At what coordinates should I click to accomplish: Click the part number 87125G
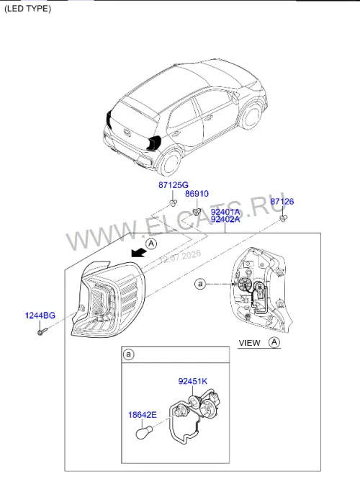pos(174,185)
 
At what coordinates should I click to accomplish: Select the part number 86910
pos(197,194)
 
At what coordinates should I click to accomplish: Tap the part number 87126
pos(282,202)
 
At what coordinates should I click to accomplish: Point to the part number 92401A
pos(225,212)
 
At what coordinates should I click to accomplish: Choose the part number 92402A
pos(225,219)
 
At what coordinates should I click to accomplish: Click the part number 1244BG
pos(40,316)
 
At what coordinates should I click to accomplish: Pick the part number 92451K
pos(193,381)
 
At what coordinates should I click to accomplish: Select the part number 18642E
pos(143,415)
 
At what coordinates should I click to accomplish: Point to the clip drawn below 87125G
pos(173,203)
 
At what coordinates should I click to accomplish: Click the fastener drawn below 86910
pos(197,212)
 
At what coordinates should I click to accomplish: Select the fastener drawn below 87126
pos(283,218)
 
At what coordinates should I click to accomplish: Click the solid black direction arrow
pos(138,251)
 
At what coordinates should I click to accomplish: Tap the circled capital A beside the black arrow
pos(151,243)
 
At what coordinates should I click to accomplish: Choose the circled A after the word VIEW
pos(274,342)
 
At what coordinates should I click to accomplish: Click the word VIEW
pos(250,343)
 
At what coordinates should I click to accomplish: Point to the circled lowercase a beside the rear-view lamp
pos(200,285)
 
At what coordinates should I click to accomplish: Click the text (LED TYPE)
pos(27,9)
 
